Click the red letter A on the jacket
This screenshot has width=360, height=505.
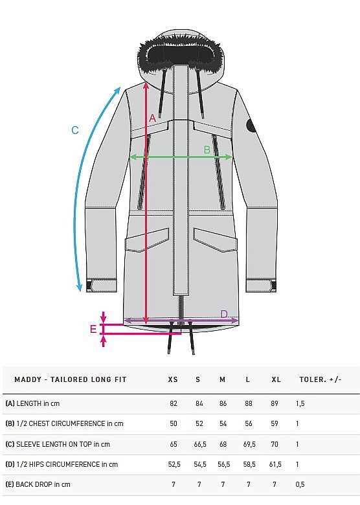152,118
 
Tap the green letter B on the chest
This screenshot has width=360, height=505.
207,150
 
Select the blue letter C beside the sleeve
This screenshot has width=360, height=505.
74,130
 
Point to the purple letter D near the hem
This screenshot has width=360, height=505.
225,314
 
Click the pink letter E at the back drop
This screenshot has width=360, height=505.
93,329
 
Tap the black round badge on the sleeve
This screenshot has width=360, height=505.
251,126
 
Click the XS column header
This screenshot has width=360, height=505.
173,379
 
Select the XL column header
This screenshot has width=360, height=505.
276,379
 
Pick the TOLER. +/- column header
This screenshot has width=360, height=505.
321,379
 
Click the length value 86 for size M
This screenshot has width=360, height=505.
223,403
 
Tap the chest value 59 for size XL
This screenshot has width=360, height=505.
275,423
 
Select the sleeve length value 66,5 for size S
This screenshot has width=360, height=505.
200,444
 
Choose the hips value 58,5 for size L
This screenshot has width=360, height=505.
249,464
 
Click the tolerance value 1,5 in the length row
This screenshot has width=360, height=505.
300,403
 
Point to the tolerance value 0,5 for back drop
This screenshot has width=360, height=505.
300,484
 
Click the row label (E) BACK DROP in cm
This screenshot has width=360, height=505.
38,484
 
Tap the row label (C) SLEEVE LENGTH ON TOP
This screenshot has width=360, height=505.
49,444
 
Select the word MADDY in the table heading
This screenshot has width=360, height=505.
28,379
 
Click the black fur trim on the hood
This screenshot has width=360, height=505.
177,52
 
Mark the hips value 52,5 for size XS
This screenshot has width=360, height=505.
174,464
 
